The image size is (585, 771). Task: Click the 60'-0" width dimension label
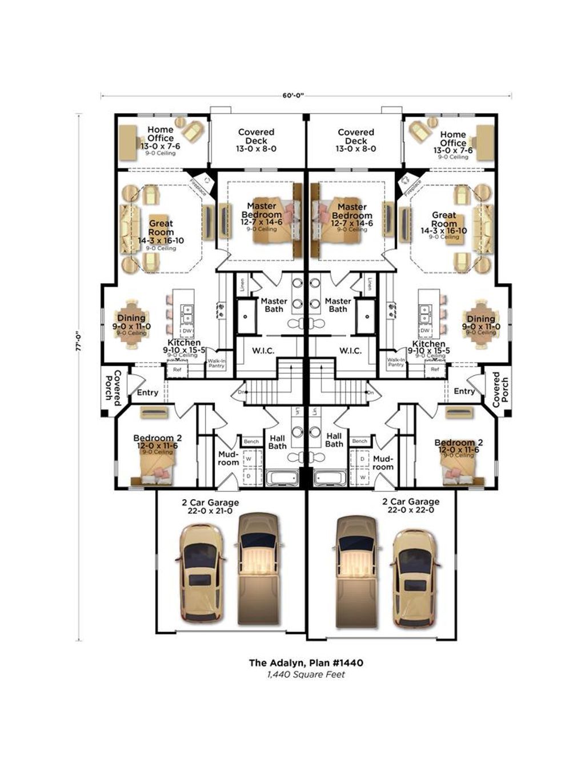(x=293, y=95)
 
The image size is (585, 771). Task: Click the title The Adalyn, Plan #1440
(x=306, y=662)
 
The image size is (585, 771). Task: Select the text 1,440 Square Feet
(x=306, y=674)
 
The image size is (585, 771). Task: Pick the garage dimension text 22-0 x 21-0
(x=210, y=511)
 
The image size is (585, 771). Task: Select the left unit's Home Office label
(x=161, y=134)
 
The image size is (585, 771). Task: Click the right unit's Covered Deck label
(x=356, y=136)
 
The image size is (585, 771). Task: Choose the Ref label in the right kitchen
(x=435, y=370)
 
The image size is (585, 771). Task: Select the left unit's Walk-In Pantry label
(x=216, y=363)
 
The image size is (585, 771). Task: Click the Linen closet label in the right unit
(x=370, y=284)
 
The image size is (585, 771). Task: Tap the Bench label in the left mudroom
(x=251, y=441)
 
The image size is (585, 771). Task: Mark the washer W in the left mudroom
(x=249, y=458)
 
